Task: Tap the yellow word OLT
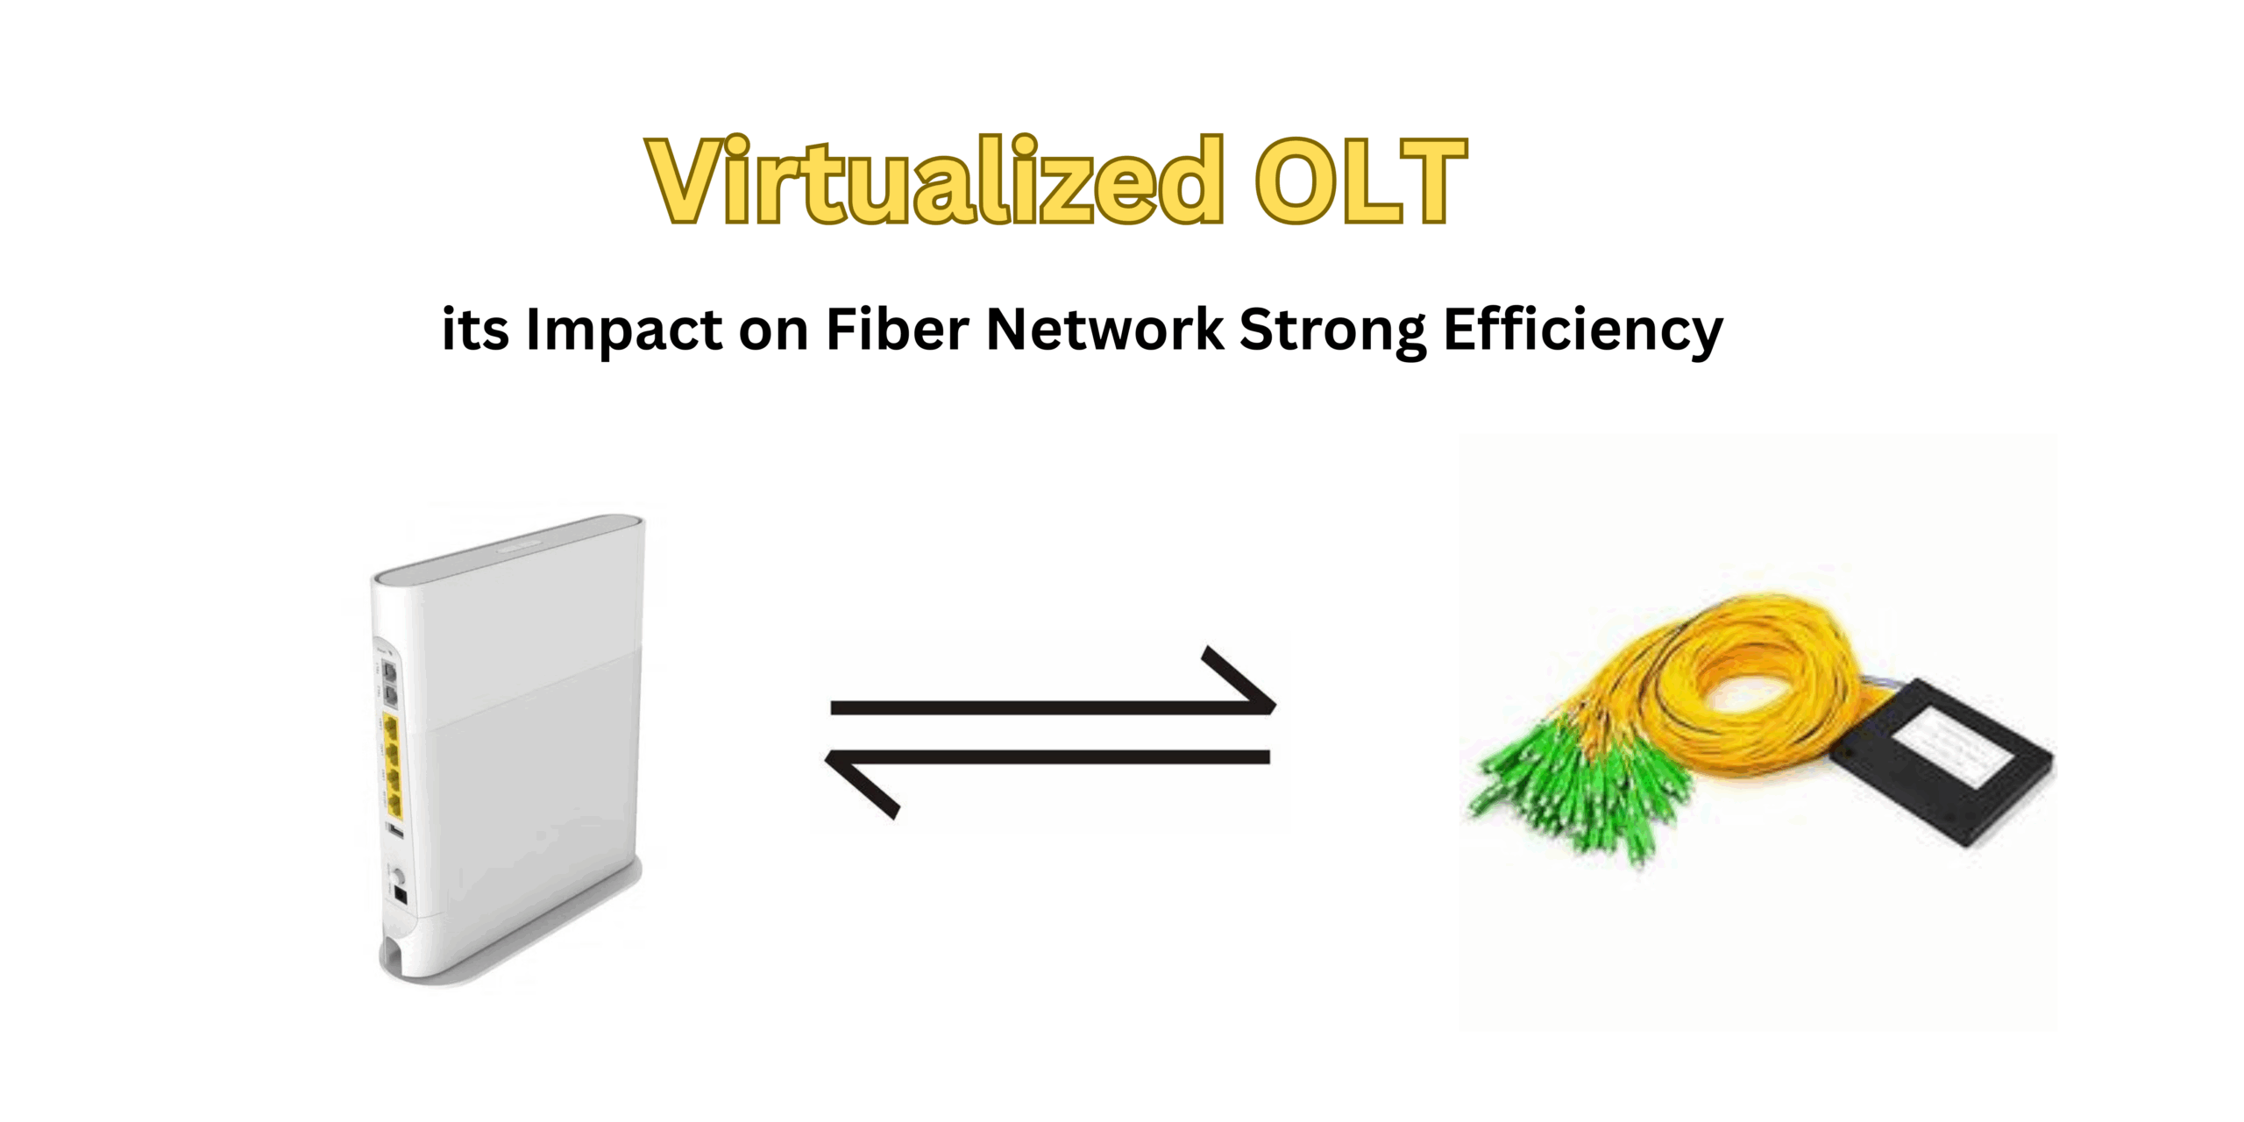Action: pyautogui.click(x=1361, y=182)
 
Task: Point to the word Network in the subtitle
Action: pyautogui.click(x=1104, y=330)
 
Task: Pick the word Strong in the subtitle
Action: pyautogui.click(x=1332, y=331)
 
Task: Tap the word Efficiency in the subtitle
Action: pyautogui.click(x=1583, y=331)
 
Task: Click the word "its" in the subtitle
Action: pyautogui.click(x=474, y=330)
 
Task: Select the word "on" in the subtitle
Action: pyautogui.click(x=773, y=331)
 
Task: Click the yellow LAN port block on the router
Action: pyautogui.click(x=393, y=767)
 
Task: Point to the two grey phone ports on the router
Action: pyautogui.click(x=390, y=685)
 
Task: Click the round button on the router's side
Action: pyautogui.click(x=398, y=876)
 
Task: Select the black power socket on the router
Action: pyautogui.click(x=401, y=895)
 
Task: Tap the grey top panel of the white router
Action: pyautogui.click(x=508, y=548)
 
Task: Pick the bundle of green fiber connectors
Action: pyautogui.click(x=1578, y=789)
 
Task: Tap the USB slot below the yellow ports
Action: pyautogui.click(x=395, y=829)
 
